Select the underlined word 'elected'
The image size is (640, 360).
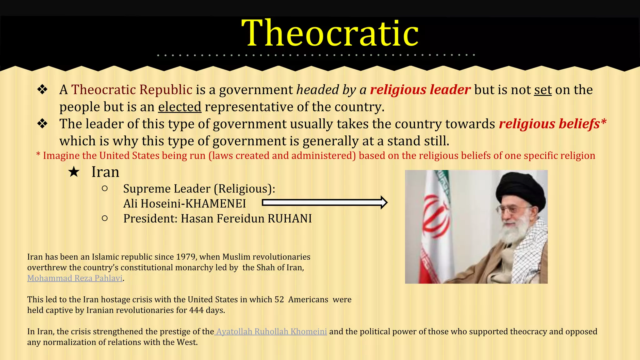[180, 107]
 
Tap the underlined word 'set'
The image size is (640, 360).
[543, 90]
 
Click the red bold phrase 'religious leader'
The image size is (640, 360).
[420, 90]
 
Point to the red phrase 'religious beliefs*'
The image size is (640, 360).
[552, 124]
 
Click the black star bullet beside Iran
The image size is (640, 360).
[74, 172]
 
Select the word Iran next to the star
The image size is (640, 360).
[105, 172]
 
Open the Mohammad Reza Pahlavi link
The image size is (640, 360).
[75, 278]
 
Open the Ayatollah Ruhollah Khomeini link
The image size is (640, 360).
[271, 332]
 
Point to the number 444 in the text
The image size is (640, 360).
[196, 310]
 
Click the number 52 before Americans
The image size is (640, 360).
[279, 300]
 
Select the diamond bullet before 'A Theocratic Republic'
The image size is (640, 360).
[42, 90]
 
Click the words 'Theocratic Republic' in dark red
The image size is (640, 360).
[132, 90]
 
